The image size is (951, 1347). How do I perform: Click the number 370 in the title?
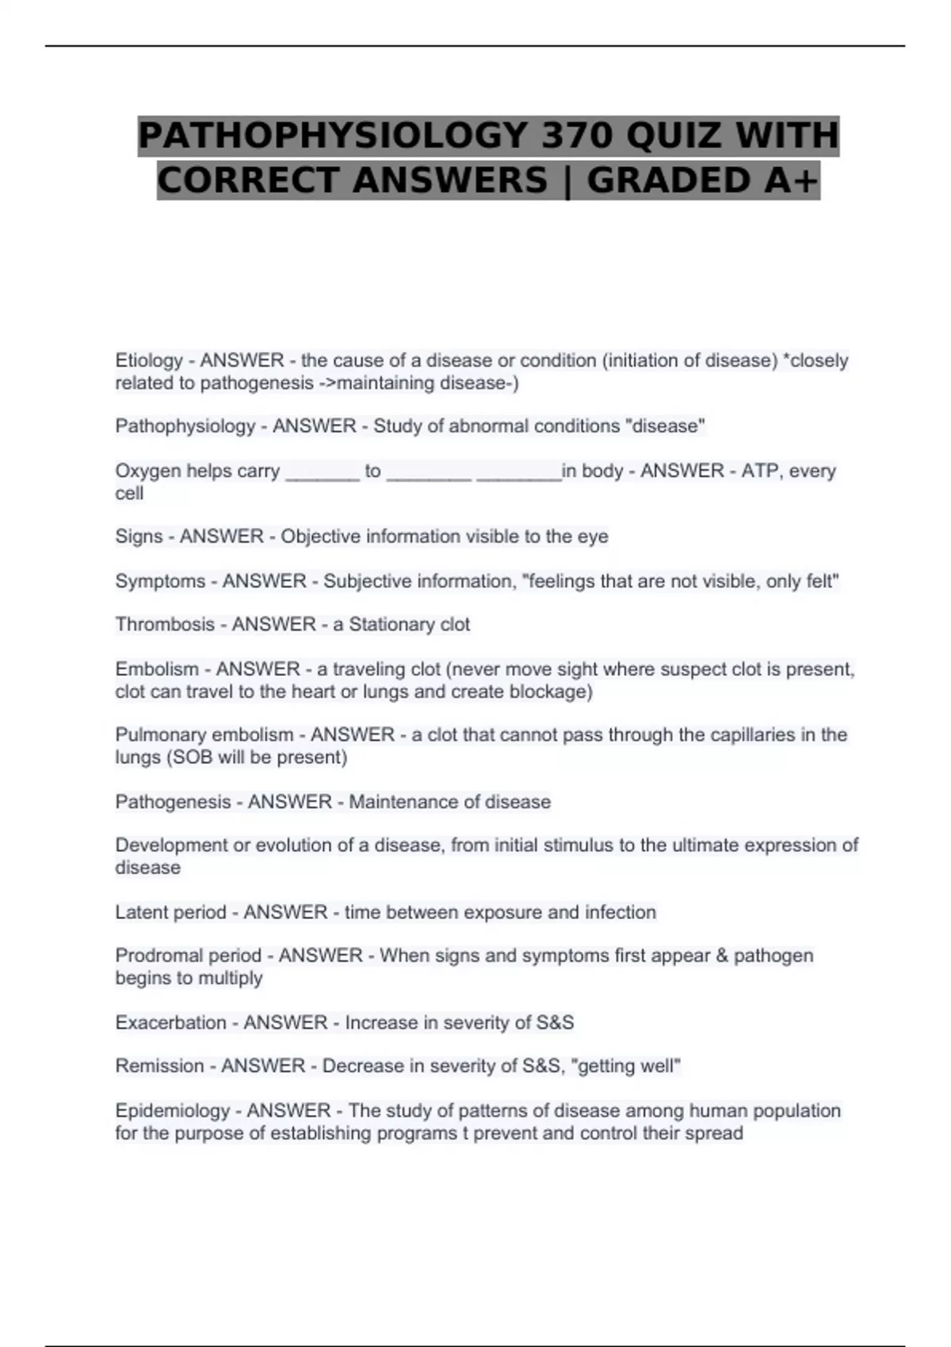click(x=577, y=135)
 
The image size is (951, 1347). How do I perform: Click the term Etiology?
click(x=149, y=361)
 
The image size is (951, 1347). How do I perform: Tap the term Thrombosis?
click(x=165, y=624)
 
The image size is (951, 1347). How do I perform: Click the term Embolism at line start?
click(x=156, y=669)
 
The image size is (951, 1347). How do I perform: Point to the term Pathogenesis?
click(x=173, y=802)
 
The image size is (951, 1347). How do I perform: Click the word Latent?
click(x=143, y=912)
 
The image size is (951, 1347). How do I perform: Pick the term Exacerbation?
click(x=170, y=1022)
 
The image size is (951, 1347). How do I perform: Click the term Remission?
click(x=159, y=1066)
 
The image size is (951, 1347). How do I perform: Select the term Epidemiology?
click(x=172, y=1110)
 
